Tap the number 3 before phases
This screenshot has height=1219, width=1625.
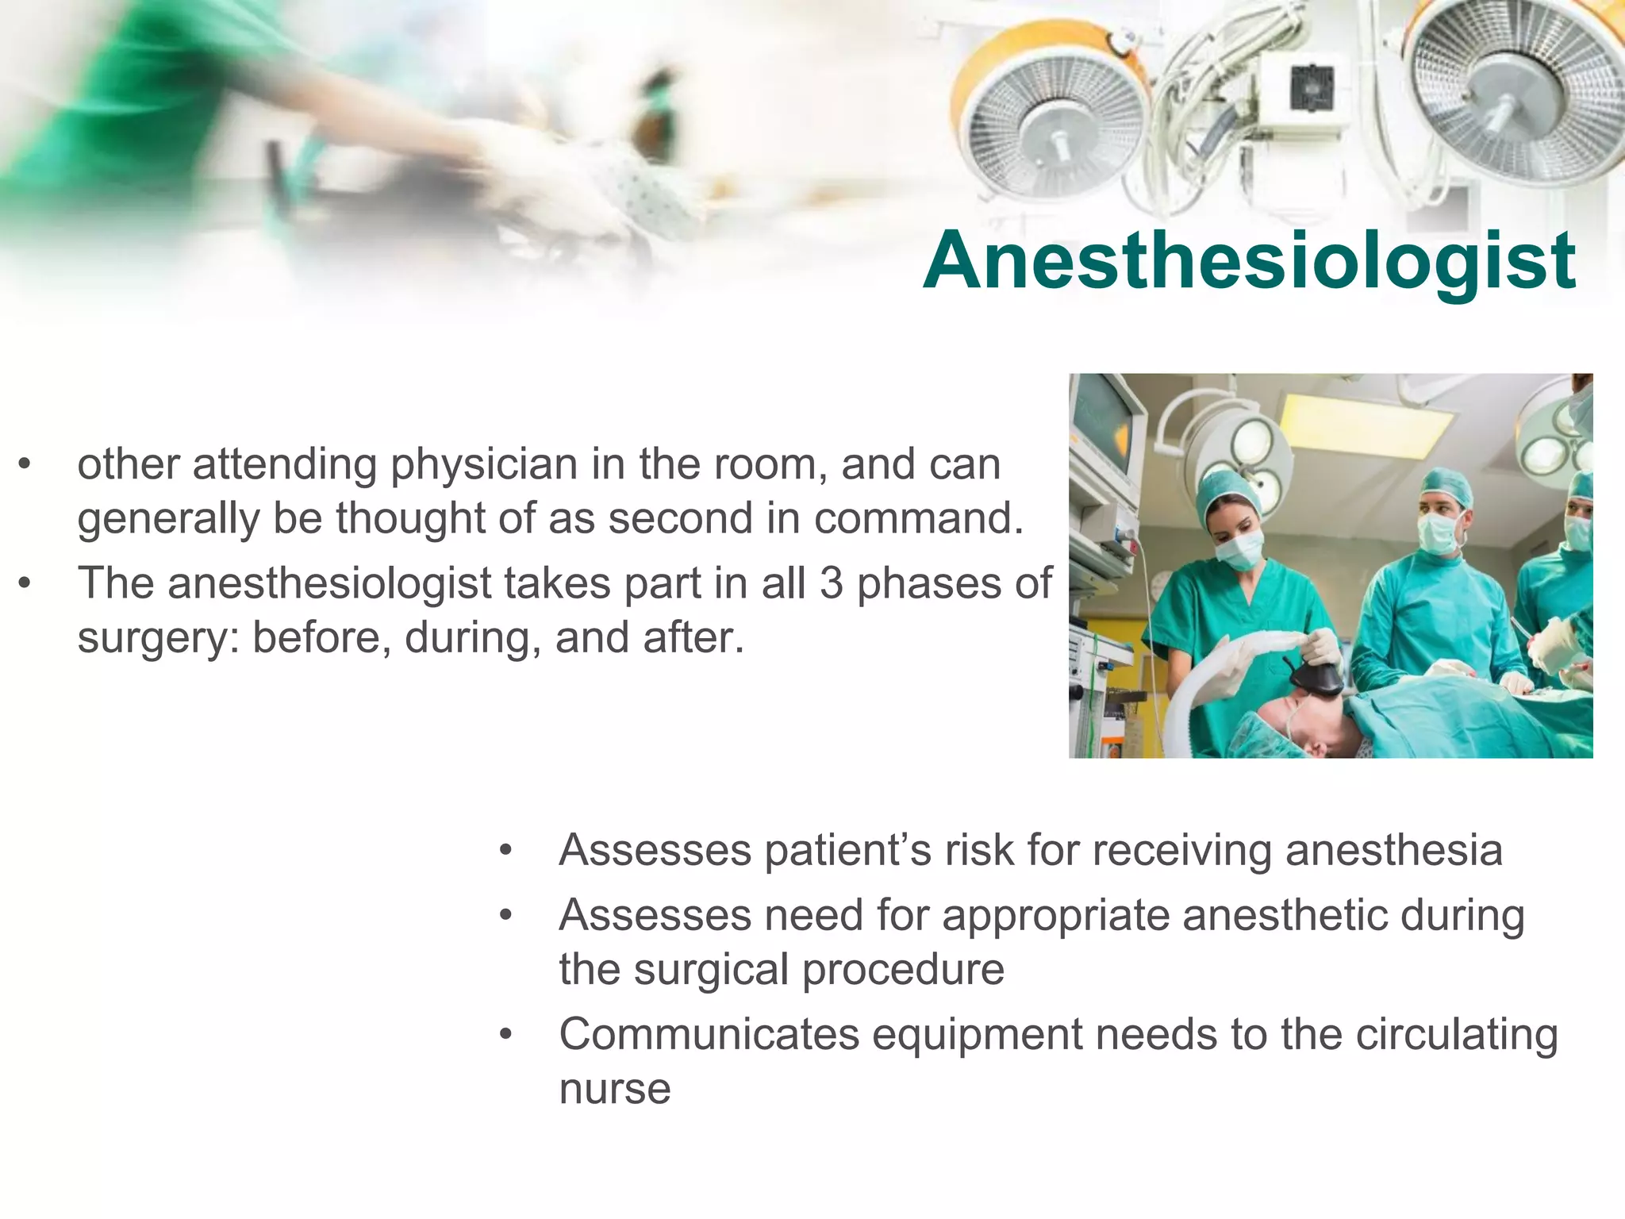[x=831, y=583]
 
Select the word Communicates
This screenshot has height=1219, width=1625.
[x=709, y=1035]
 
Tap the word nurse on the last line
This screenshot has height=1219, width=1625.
[x=614, y=1089]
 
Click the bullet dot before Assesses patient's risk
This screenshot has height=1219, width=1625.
[x=506, y=851]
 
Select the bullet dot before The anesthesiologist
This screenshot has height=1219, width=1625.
[x=25, y=584]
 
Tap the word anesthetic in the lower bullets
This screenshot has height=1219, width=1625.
[x=1285, y=916]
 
